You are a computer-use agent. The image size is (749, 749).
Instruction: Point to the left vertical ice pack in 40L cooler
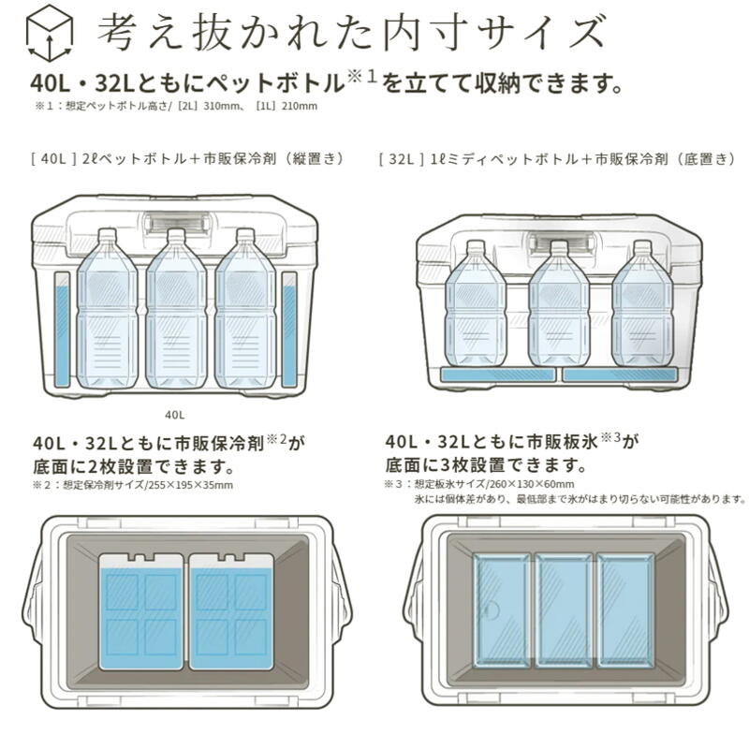63,330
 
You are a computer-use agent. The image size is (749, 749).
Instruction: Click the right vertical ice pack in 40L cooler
289,330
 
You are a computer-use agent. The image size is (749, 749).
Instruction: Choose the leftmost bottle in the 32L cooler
477,305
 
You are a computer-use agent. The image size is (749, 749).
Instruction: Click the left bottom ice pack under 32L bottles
497,374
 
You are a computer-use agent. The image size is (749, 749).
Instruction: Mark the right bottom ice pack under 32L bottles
619,374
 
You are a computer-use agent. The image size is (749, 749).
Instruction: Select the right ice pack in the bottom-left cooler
230,610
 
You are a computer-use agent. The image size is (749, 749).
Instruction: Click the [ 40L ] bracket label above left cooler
52,160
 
